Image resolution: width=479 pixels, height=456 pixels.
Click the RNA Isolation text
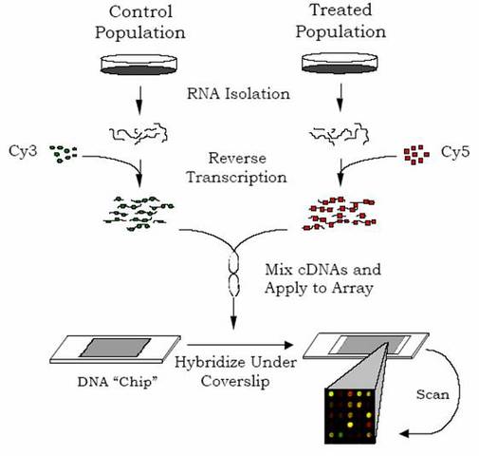pos(240,95)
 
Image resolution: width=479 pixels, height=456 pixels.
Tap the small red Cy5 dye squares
pos(414,151)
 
